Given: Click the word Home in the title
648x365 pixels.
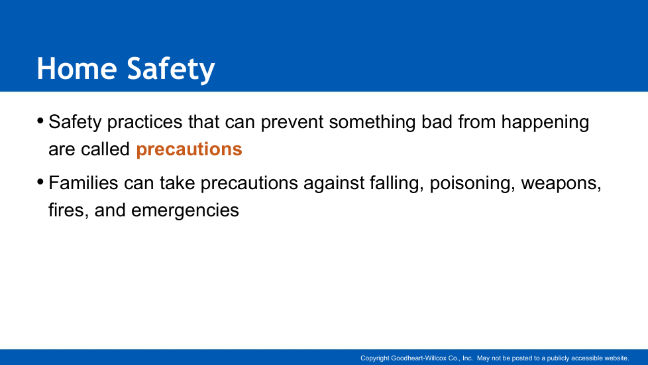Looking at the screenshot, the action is [77, 68].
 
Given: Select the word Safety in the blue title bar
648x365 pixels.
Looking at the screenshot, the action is [171, 70].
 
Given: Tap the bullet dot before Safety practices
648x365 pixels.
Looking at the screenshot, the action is [40, 121].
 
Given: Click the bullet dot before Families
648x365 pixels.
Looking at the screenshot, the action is [40, 182].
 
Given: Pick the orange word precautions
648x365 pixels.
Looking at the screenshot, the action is [189, 149].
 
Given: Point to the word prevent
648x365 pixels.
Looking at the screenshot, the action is [292, 122].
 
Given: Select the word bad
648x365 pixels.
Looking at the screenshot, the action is [437, 121].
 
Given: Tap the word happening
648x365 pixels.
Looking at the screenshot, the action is [545, 123].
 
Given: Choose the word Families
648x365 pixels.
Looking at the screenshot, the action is [83, 183].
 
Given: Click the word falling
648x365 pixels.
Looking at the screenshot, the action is [397, 183].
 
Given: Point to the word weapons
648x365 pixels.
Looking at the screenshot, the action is [561, 184].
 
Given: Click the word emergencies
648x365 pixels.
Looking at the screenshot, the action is [185, 211].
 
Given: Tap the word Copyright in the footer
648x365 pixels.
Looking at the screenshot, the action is [375, 358].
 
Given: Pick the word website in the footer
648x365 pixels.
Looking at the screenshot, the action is [617, 358].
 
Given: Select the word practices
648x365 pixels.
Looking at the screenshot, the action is [144, 123].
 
